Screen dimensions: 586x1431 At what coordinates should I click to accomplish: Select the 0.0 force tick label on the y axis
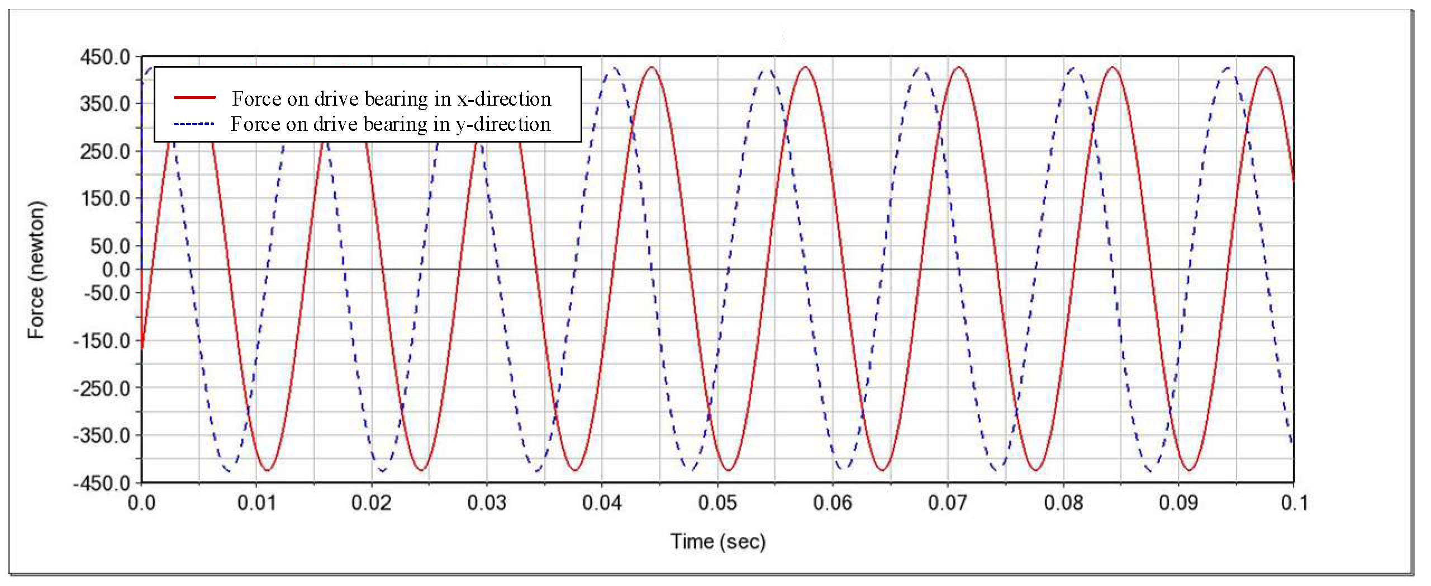coord(116,270)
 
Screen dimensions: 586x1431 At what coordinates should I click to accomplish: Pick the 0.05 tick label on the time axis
coord(717,503)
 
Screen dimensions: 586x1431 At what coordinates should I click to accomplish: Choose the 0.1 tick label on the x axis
coord(1294,503)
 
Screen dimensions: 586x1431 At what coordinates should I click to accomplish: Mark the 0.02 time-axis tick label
coord(371,503)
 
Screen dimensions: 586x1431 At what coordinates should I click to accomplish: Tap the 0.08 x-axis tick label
coord(1063,503)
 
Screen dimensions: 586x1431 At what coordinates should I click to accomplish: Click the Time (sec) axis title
coord(717,541)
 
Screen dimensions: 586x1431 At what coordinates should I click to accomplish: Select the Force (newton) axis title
coord(36,270)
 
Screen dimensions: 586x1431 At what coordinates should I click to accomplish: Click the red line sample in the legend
coord(194,98)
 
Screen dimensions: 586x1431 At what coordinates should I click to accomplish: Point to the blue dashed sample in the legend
coord(194,124)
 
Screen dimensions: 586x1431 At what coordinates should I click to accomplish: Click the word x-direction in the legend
coord(504,98)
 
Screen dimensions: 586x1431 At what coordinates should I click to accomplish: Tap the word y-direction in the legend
coord(503,124)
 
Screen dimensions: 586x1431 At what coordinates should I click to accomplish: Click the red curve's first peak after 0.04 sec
coord(651,68)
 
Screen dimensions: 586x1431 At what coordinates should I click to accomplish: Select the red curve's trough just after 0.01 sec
coord(267,470)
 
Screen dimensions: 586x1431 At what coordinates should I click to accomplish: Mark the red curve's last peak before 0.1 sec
coord(1266,68)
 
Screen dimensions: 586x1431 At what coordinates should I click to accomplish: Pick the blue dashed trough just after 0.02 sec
coord(382,470)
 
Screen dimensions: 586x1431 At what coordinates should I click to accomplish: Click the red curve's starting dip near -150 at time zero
coord(142,347)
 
